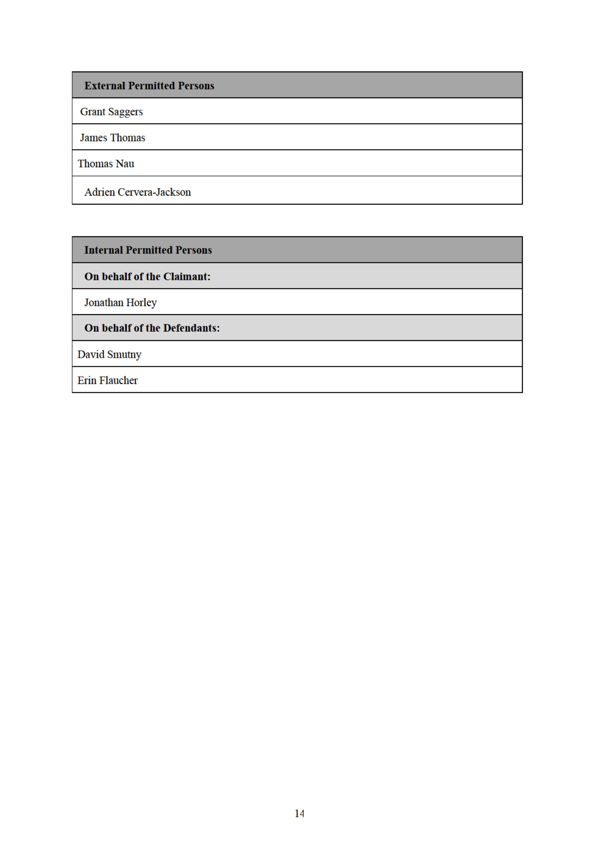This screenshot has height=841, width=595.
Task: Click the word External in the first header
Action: pos(104,86)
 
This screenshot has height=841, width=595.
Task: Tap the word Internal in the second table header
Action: pos(103,250)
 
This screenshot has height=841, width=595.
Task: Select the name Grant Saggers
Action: pos(111,112)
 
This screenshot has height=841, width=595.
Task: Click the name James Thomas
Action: pos(113,138)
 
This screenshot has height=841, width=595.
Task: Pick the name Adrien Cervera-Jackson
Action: pos(137,192)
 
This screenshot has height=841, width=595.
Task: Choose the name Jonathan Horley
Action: pos(120,303)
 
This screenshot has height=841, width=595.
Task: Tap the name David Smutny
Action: pos(109,355)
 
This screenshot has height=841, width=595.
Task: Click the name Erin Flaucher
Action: pos(107,381)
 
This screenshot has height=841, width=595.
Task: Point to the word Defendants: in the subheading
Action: pos(191,328)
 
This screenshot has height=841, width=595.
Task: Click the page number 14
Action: pos(299,814)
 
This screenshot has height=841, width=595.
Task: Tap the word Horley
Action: pos(141,303)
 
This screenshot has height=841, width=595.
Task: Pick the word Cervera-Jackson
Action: pos(154,192)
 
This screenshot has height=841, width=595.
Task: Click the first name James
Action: pos(94,138)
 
